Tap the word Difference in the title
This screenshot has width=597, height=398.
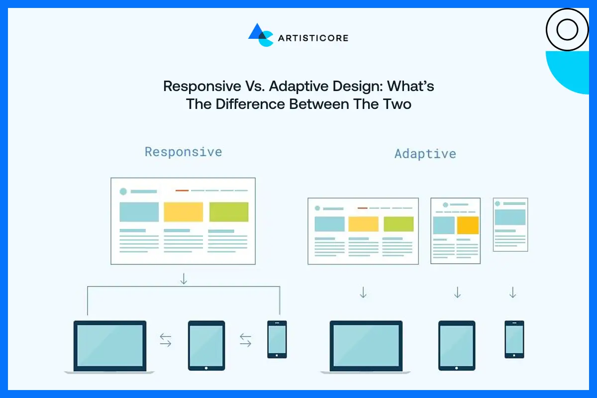click(x=249, y=104)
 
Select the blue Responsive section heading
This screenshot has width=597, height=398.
click(x=183, y=152)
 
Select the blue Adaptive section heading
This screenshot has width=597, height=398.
click(x=425, y=154)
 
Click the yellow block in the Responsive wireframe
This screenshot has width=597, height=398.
click(x=183, y=212)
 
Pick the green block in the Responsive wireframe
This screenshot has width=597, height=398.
click(x=228, y=212)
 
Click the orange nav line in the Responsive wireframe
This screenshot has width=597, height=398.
click(x=182, y=191)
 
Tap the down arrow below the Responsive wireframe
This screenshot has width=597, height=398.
click(x=184, y=279)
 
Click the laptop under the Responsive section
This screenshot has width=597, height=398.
click(x=110, y=346)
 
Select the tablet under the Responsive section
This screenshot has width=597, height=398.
click(x=206, y=345)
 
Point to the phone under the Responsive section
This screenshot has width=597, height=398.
click(x=277, y=339)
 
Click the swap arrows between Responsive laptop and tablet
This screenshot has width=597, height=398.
click(x=166, y=340)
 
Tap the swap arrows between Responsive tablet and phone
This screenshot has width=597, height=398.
click(x=246, y=340)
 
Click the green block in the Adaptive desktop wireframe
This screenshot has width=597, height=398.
click(x=398, y=224)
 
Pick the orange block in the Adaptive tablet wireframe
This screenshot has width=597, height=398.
click(x=468, y=225)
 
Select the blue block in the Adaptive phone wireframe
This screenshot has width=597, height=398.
click(x=510, y=217)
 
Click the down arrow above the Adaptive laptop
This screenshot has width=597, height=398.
click(x=363, y=293)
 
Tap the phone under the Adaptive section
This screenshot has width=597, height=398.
click(x=514, y=339)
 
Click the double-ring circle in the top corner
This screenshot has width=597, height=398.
click(x=567, y=30)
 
